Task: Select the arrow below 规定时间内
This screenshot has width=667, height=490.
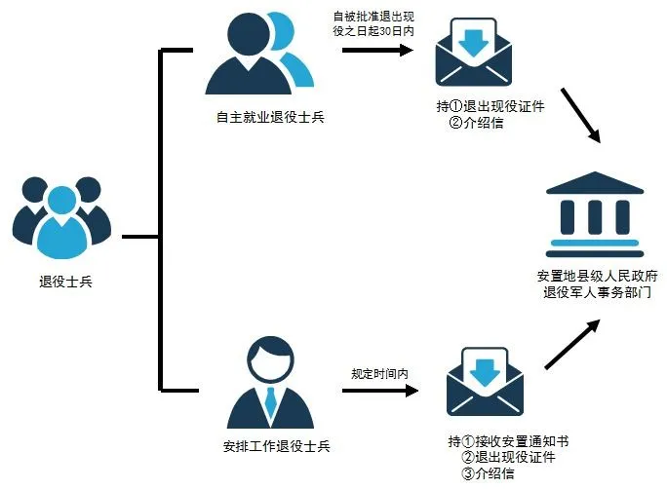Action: pyautogui.click(x=380, y=394)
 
